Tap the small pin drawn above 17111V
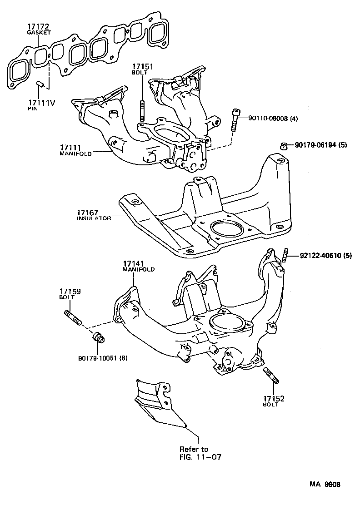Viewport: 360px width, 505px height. tap(40, 84)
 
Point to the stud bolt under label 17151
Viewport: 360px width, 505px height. tap(142, 111)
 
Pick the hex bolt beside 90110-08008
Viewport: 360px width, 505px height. tap(235, 119)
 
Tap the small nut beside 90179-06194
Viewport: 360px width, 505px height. tap(283, 146)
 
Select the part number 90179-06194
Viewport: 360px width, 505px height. tap(315, 145)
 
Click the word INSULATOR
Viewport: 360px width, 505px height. tap(94, 218)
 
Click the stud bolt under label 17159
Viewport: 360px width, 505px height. tap(73, 317)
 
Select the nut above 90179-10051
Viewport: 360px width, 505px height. tap(98, 338)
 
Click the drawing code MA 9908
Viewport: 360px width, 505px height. tap(325, 485)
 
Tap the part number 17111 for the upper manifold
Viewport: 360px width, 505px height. tap(70, 147)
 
